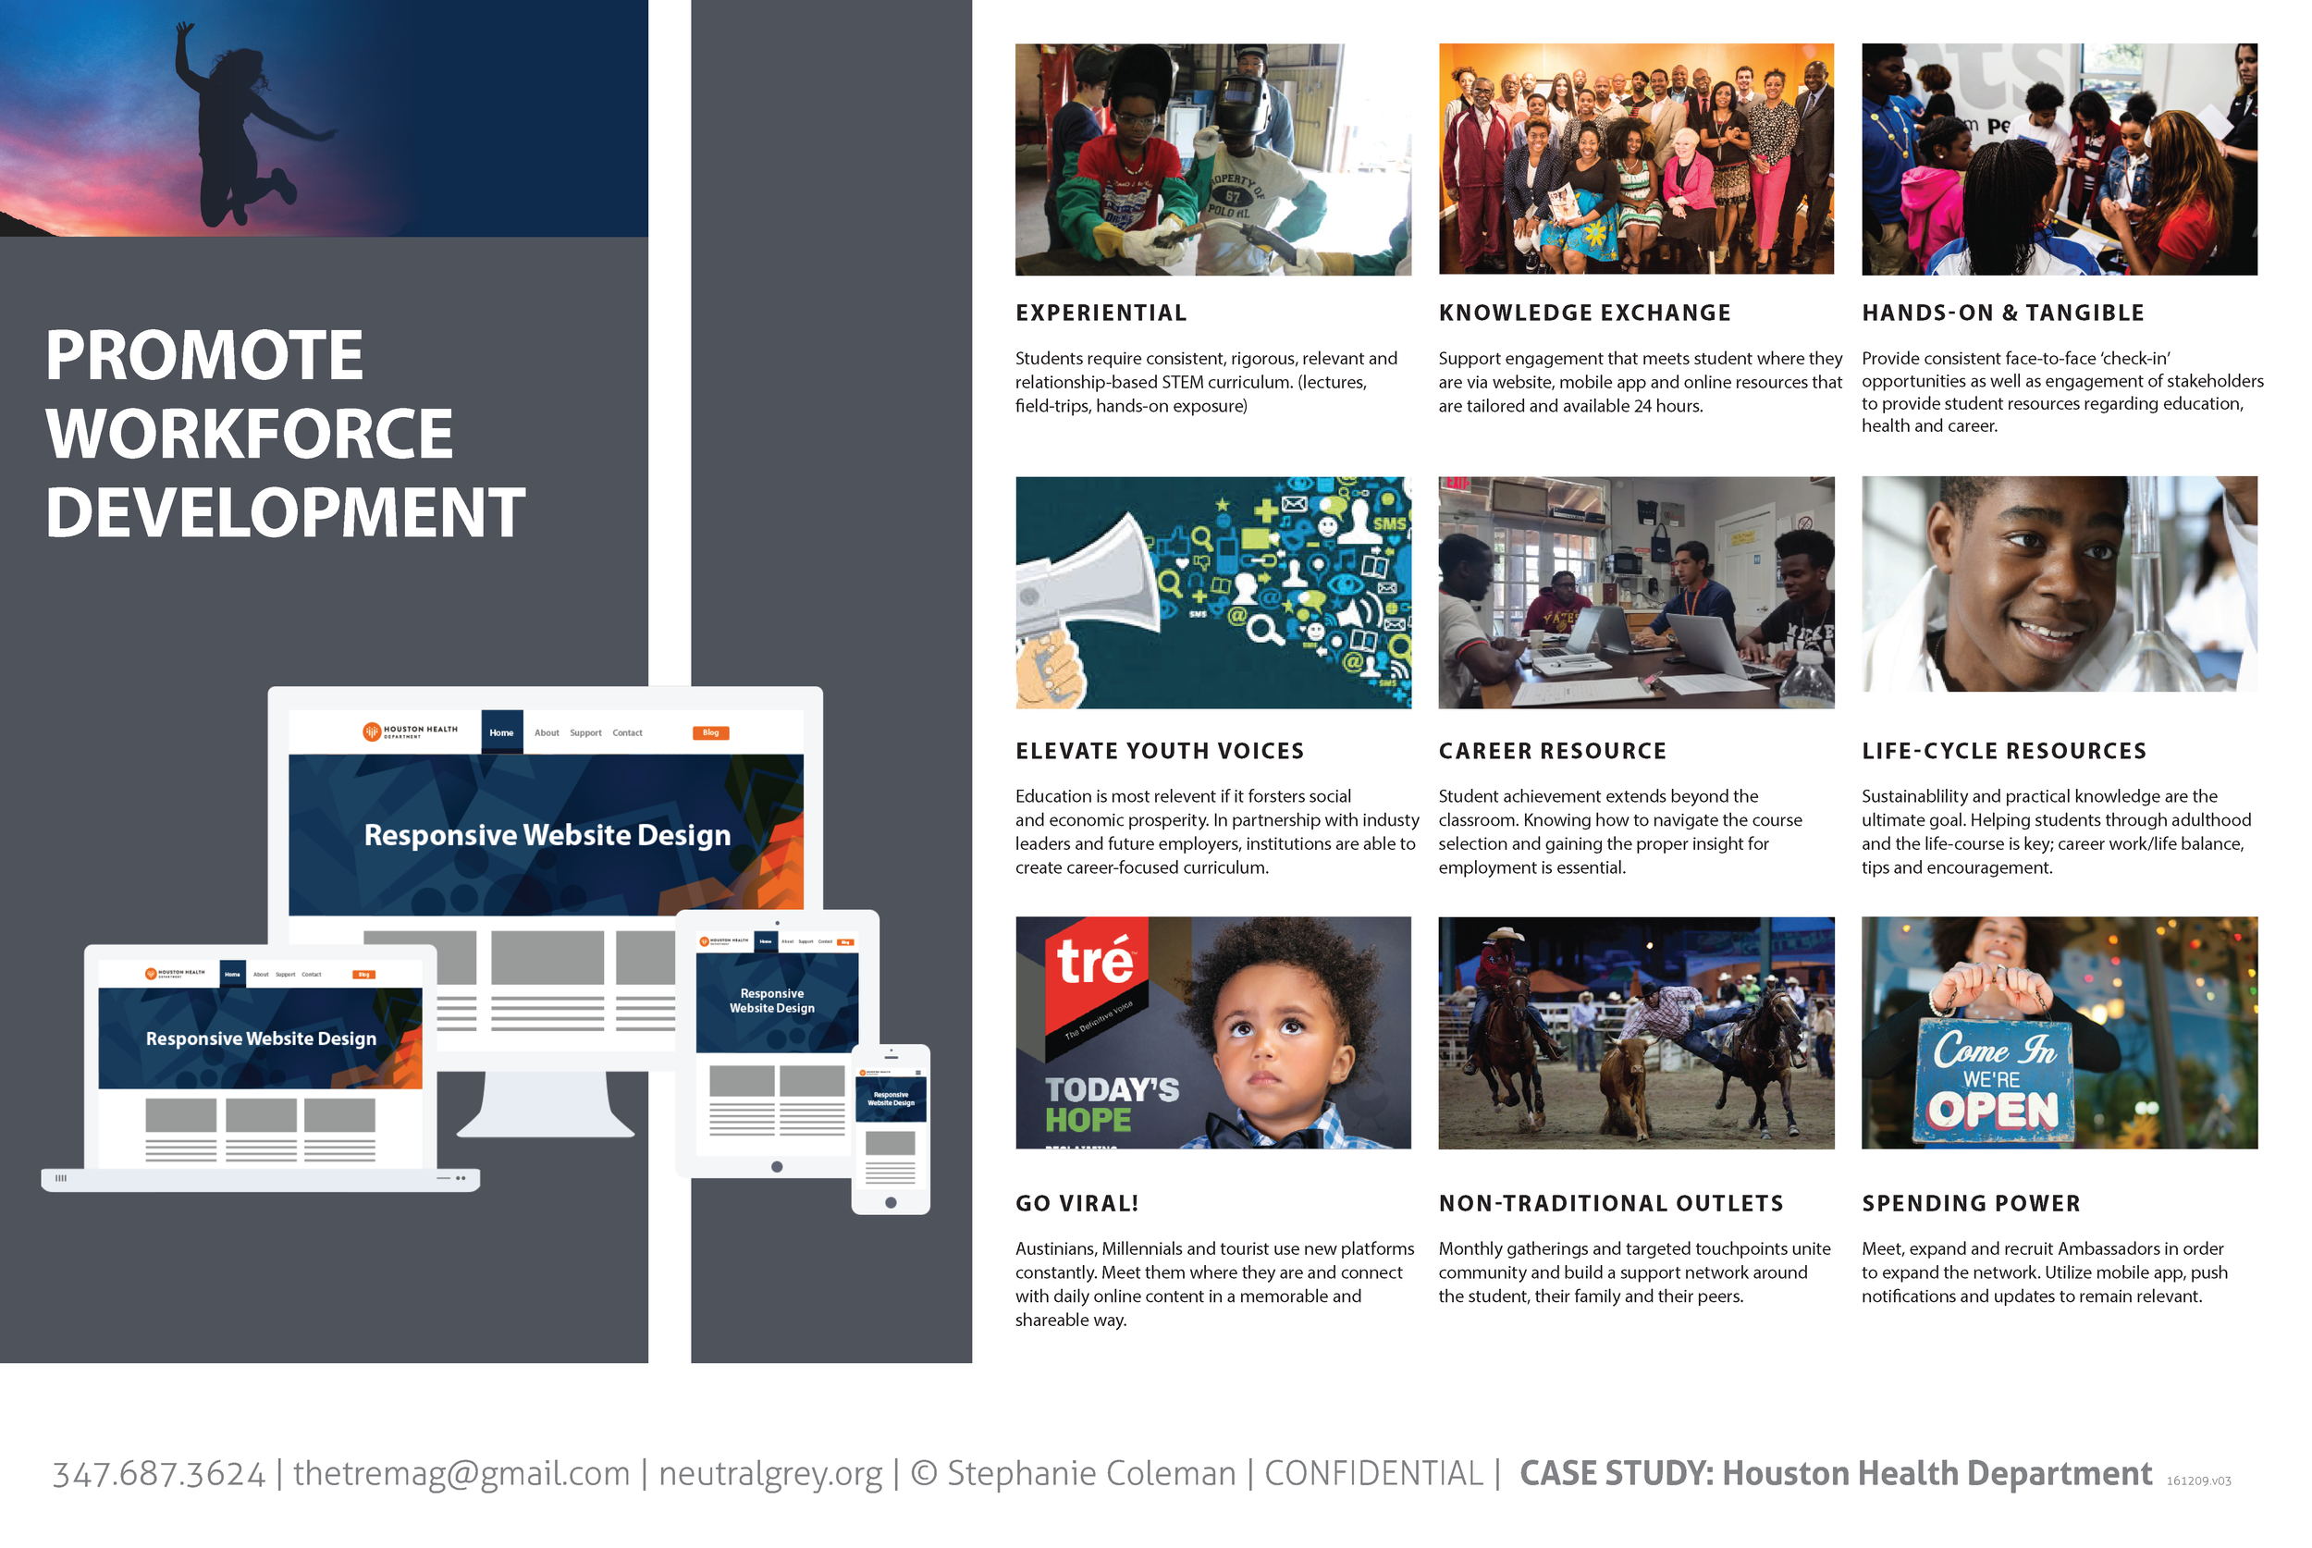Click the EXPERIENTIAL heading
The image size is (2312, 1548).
pyautogui.click(x=1101, y=313)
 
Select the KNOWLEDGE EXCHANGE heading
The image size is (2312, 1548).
pyautogui.click(x=1584, y=313)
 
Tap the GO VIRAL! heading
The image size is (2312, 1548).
pyautogui.click(x=1077, y=1203)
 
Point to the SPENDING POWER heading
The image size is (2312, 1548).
pyautogui.click(x=1971, y=1203)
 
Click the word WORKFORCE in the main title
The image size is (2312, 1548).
pyautogui.click(x=249, y=434)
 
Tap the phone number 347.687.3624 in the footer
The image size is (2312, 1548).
pyautogui.click(x=159, y=1474)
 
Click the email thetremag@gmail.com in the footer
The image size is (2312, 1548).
pyautogui.click(x=461, y=1474)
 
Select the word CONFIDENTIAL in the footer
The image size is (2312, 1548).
pyautogui.click(x=1373, y=1474)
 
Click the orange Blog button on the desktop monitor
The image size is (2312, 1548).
pyautogui.click(x=711, y=732)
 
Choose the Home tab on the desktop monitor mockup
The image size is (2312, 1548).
pyautogui.click(x=501, y=732)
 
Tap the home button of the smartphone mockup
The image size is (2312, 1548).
pyautogui.click(x=891, y=1202)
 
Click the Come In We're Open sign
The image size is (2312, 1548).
pyautogui.click(x=1993, y=1082)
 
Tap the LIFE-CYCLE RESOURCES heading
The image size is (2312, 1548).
pyautogui.click(x=2004, y=751)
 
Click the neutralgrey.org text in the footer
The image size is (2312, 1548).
pyautogui.click(x=770, y=1474)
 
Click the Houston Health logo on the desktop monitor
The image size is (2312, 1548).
pyautogui.click(x=410, y=731)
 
